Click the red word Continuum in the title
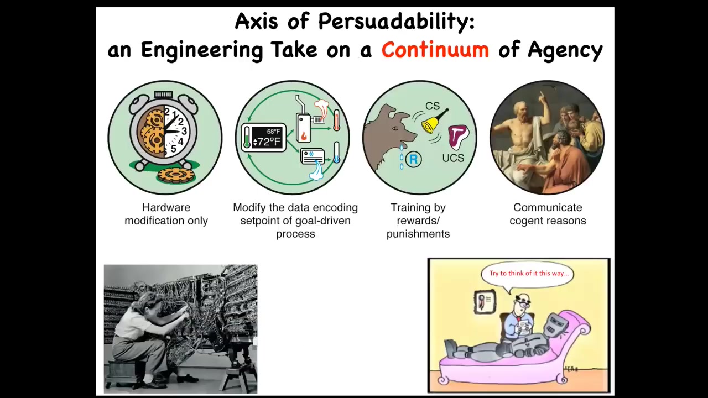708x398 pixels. pyautogui.click(x=435, y=50)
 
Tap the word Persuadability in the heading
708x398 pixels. pyautogui.click(x=397, y=22)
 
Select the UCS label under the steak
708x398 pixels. pyautogui.click(x=453, y=158)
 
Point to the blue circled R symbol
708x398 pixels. pyautogui.click(x=413, y=159)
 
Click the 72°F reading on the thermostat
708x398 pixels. pyautogui.click(x=267, y=142)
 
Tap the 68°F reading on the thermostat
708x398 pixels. pyautogui.click(x=273, y=132)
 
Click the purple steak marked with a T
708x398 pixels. pyautogui.click(x=457, y=137)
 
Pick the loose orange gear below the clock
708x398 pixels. pyautogui.click(x=173, y=175)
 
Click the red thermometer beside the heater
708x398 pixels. pyautogui.click(x=337, y=121)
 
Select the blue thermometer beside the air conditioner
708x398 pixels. pyautogui.click(x=337, y=153)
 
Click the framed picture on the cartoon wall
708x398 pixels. pyautogui.click(x=485, y=302)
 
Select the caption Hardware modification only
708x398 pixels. pyautogui.click(x=166, y=214)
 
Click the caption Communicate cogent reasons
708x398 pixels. pyautogui.click(x=548, y=214)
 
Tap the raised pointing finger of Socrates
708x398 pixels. pyautogui.click(x=541, y=94)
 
